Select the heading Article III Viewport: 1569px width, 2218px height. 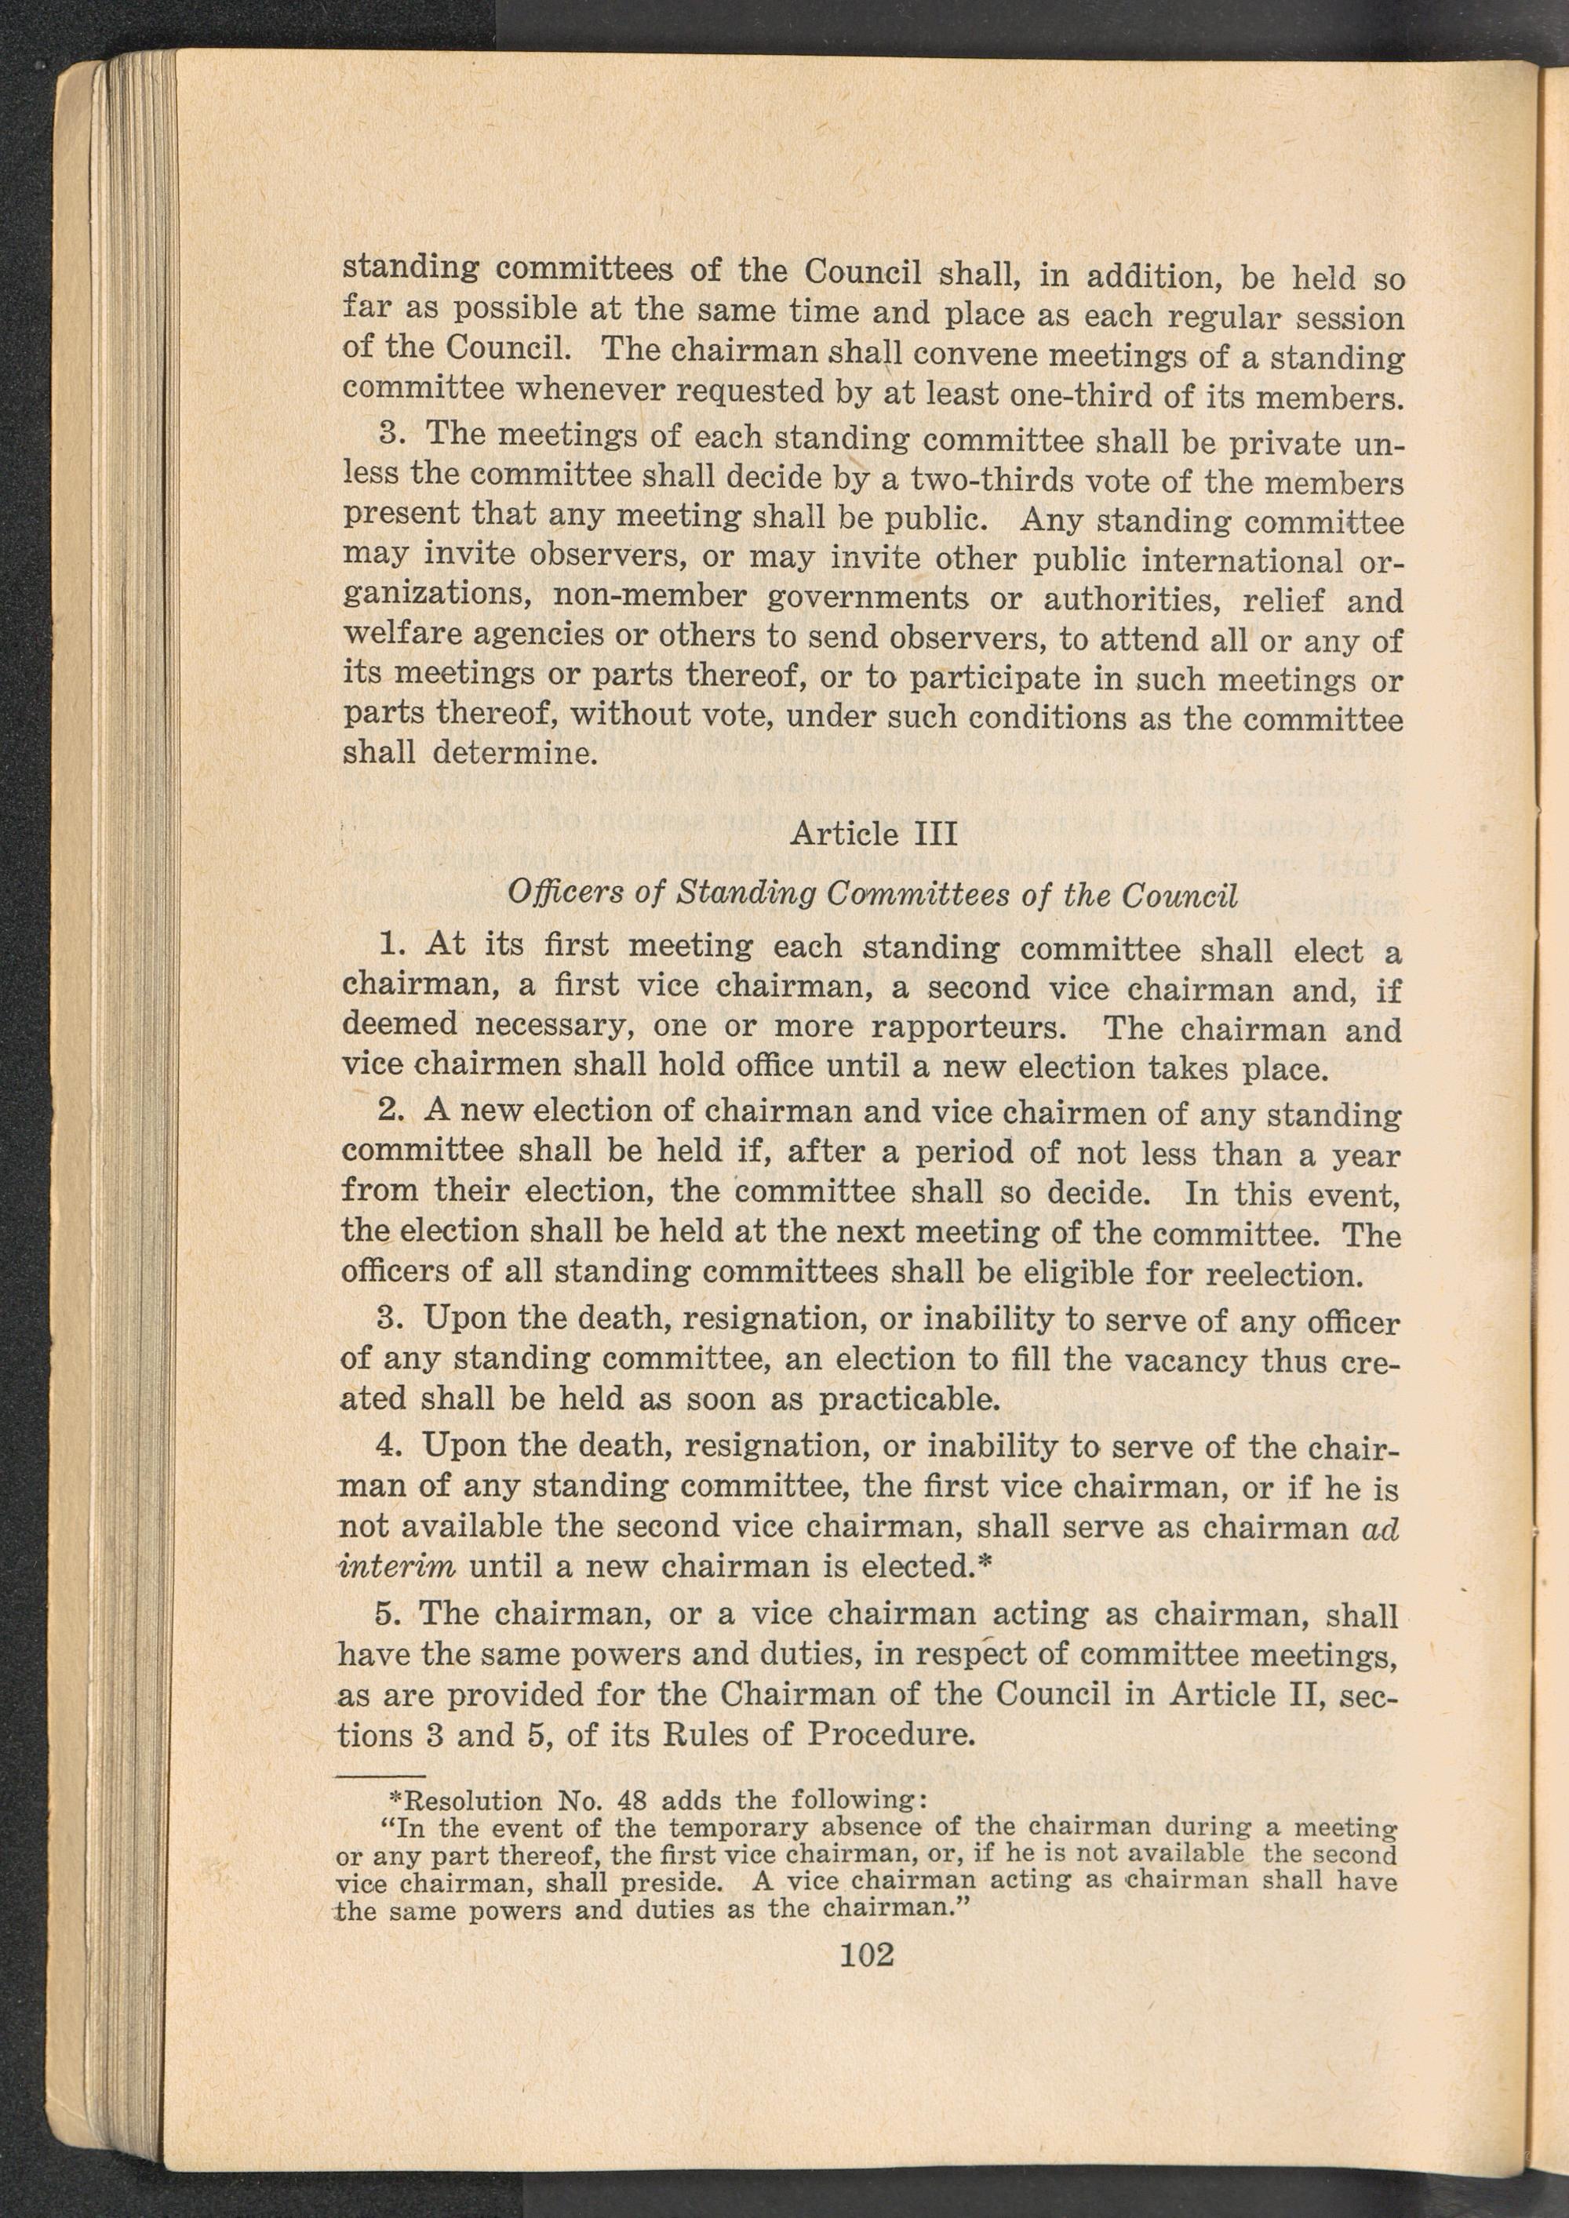pyautogui.click(x=873, y=833)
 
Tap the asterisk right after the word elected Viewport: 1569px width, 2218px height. pyautogui.click(x=986, y=1563)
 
